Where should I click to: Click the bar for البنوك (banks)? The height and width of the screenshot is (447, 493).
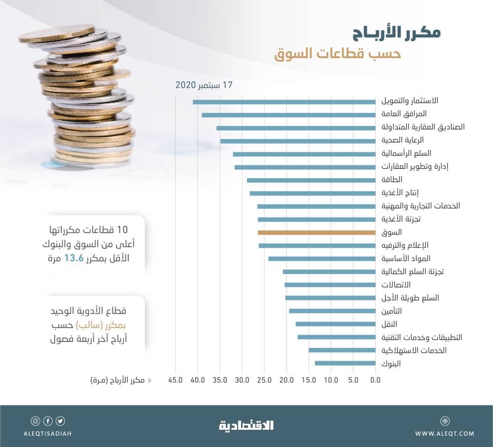(x=345, y=364)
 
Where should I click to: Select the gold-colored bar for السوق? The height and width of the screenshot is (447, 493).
(x=317, y=232)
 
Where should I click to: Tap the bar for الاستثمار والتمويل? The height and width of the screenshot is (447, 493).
(x=284, y=102)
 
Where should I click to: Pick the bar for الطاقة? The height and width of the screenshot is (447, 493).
(x=311, y=180)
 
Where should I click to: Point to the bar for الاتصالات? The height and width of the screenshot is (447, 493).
(x=330, y=285)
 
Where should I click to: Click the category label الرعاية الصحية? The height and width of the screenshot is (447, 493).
(x=403, y=140)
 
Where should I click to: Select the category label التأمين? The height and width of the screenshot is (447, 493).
(x=391, y=311)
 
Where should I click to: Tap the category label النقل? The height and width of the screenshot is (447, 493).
(x=389, y=324)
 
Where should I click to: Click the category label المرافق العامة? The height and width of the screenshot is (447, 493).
(x=404, y=114)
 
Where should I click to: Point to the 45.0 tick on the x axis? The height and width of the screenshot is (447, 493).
(x=176, y=380)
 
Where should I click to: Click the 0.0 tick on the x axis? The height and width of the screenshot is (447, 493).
(x=375, y=380)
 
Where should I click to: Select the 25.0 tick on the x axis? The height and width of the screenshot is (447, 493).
(x=264, y=380)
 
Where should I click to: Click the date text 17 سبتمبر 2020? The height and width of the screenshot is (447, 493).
(x=204, y=85)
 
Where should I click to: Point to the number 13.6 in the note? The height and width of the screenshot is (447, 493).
(x=73, y=258)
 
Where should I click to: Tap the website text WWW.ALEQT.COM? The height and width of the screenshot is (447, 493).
(x=445, y=434)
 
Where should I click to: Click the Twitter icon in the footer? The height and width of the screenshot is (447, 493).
(x=60, y=421)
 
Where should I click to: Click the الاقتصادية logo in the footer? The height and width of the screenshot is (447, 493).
(x=246, y=425)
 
